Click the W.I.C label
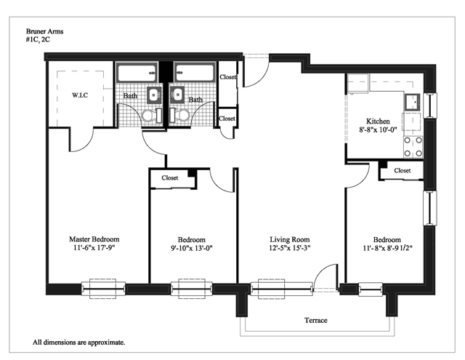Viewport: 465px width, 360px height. (80, 95)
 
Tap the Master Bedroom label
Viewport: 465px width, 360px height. (94, 239)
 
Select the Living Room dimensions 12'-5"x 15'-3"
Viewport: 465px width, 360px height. (290, 248)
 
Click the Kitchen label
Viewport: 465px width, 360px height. (378, 121)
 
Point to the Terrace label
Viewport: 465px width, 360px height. (316, 320)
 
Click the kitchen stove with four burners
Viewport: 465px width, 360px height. (413, 147)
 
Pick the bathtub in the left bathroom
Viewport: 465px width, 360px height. (137, 73)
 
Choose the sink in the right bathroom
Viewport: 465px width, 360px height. (177, 95)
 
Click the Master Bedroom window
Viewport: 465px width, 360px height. (103, 289)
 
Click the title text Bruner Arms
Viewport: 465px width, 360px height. (44, 31)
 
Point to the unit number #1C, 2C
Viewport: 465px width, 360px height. (38, 39)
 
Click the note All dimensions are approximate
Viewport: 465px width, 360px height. (78, 343)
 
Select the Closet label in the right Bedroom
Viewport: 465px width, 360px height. (402, 171)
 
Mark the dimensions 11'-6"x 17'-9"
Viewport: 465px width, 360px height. (94, 247)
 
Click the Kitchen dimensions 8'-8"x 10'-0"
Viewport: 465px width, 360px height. (378, 129)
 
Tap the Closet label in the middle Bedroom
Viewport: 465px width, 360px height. (170, 177)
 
